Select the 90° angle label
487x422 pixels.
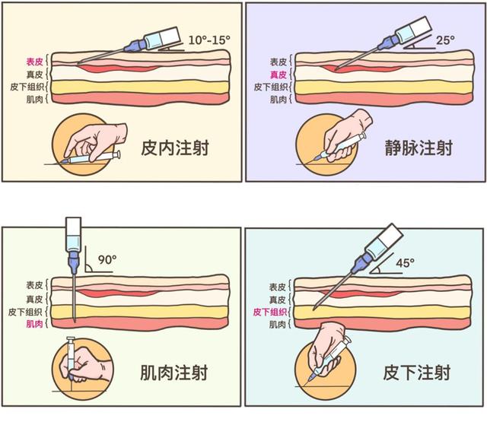pyautogui.click(x=106, y=259)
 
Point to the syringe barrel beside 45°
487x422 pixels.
pyautogui.click(x=380, y=240)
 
